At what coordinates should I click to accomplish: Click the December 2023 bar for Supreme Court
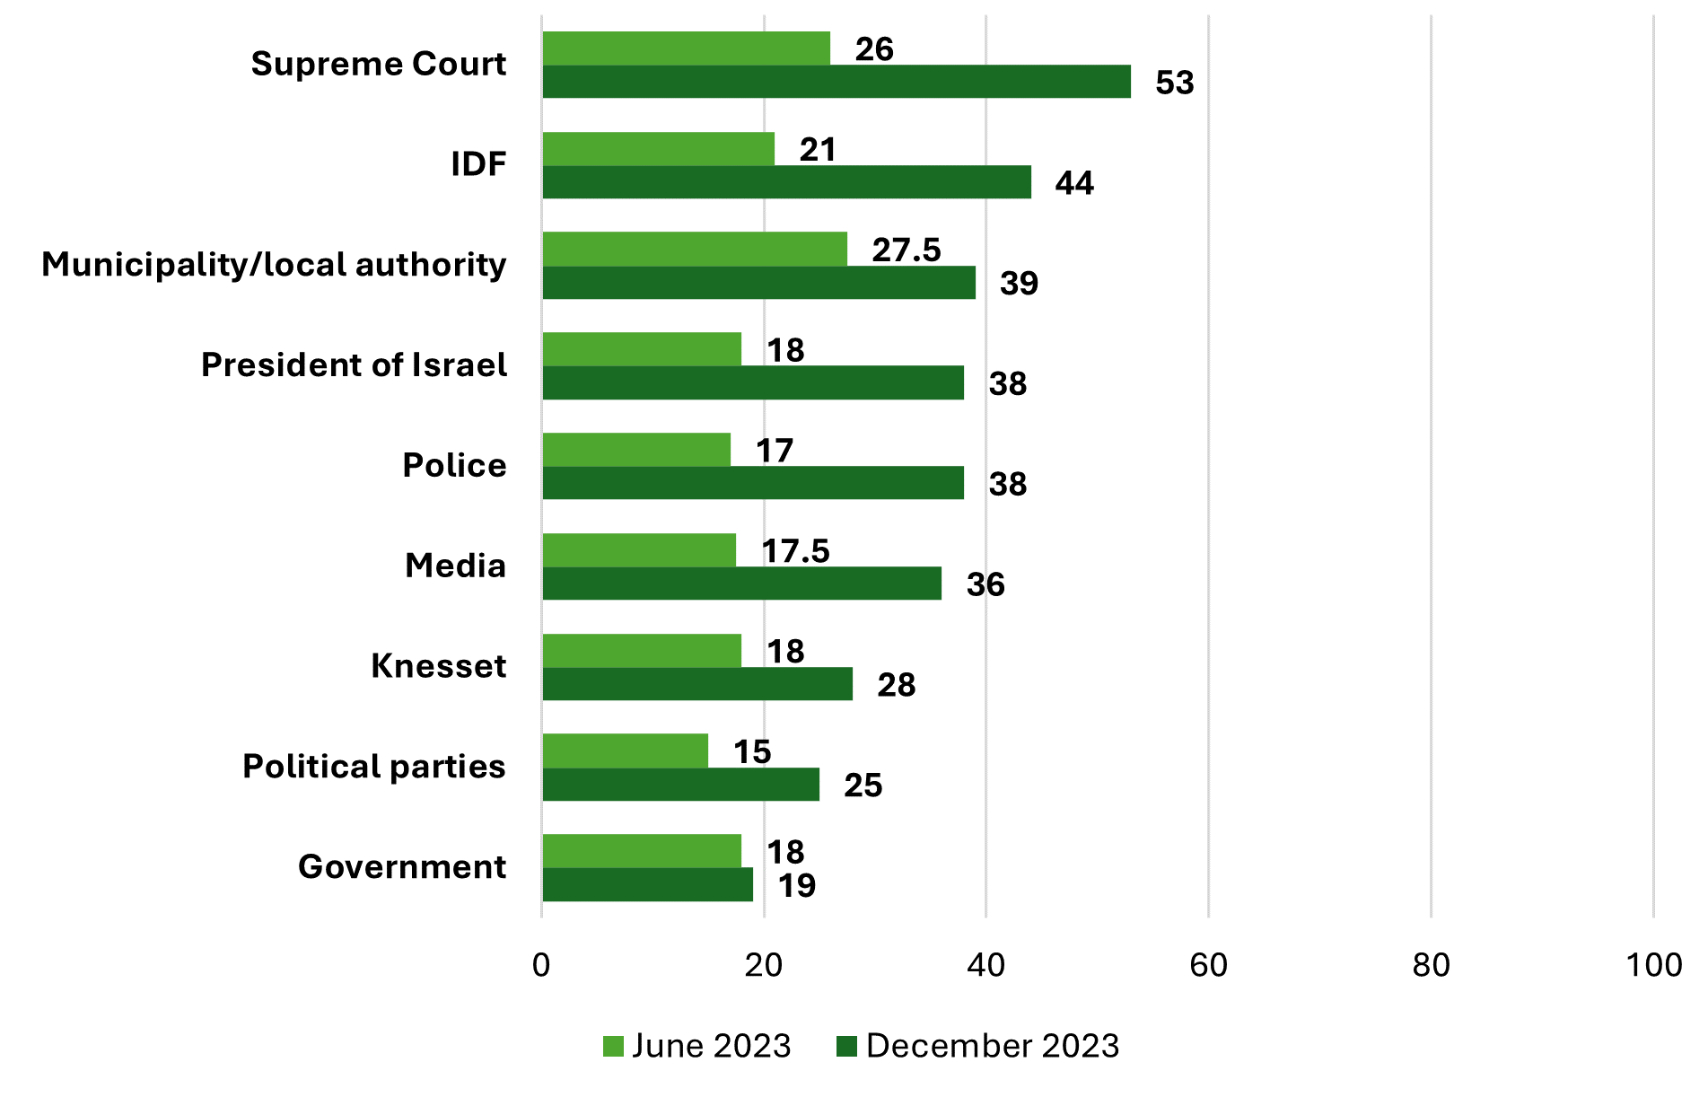click(836, 82)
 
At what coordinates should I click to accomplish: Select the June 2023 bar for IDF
click(659, 149)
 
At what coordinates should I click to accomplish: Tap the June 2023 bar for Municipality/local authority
click(695, 249)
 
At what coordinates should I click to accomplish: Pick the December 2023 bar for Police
click(753, 483)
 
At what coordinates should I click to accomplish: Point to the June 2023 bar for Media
click(639, 550)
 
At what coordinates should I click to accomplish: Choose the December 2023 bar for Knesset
click(697, 684)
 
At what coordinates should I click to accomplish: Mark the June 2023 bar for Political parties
click(626, 751)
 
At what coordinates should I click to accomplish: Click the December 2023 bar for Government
click(648, 885)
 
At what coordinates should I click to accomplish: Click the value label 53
click(1175, 83)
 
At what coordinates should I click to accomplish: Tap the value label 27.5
click(907, 250)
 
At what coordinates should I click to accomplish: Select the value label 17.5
click(796, 551)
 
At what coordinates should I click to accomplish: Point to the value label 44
click(1074, 183)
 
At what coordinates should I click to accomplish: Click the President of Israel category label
click(354, 365)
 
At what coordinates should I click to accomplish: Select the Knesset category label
click(438, 666)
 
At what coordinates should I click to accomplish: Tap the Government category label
click(402, 867)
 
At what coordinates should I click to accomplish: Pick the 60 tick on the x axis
click(1208, 966)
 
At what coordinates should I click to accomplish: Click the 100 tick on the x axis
click(1653, 966)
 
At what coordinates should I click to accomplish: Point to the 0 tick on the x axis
click(541, 966)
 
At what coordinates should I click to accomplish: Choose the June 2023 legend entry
click(697, 1047)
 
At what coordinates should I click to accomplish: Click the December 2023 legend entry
click(978, 1047)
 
